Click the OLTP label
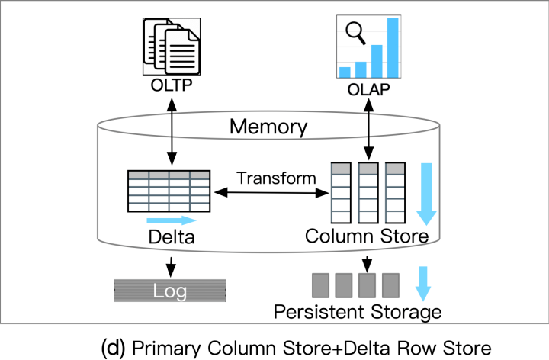click(172, 85)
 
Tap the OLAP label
click(368, 90)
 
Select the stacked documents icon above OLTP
click(172, 47)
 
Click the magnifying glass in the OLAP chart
click(355, 33)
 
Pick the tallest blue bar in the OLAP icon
click(393, 47)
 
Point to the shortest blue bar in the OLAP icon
click(345, 72)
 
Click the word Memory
click(268, 127)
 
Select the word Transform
click(276, 178)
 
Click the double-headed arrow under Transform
click(271, 193)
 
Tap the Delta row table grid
click(169, 191)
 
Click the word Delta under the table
click(172, 237)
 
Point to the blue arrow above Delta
click(172, 220)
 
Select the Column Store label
click(367, 236)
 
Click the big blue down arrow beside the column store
click(426, 194)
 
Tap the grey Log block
click(170, 291)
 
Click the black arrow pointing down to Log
click(171, 267)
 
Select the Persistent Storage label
click(358, 312)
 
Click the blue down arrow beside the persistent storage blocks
click(423, 284)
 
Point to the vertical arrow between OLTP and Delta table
click(172, 132)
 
